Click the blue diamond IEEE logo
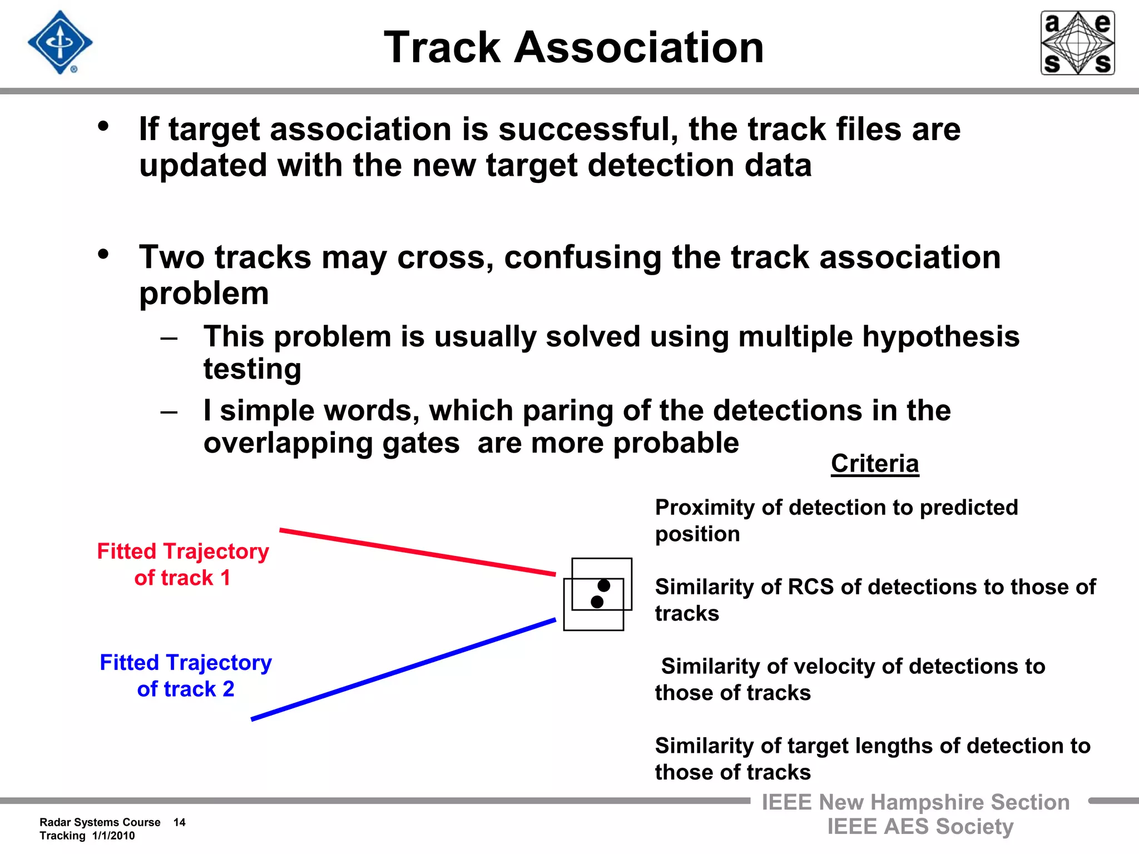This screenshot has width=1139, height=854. pyautogui.click(x=60, y=42)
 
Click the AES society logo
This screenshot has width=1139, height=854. pyautogui.click(x=1077, y=43)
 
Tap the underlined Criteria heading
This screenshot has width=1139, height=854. pyautogui.click(x=874, y=463)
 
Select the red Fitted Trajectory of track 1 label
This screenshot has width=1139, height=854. pyautogui.click(x=182, y=564)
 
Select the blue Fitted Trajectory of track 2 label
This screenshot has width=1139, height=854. pyautogui.click(x=185, y=675)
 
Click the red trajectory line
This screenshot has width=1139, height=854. pyautogui.click(x=417, y=552)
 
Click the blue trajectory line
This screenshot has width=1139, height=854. pyautogui.click(x=403, y=669)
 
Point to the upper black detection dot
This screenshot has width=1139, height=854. pyautogui.click(x=604, y=585)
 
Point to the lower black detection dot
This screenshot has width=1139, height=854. pyautogui.click(x=597, y=602)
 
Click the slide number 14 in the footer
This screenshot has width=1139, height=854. pyautogui.click(x=179, y=822)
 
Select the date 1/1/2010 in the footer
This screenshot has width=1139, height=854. pyautogui.click(x=113, y=836)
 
